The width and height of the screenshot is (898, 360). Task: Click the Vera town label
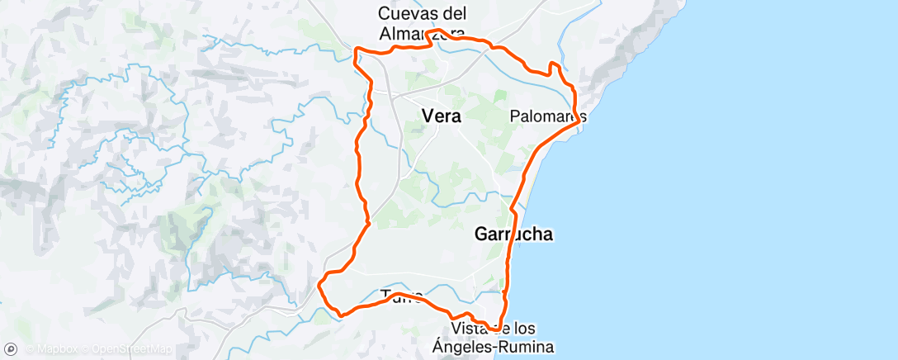click(x=441, y=116)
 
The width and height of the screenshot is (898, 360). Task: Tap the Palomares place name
click(x=549, y=116)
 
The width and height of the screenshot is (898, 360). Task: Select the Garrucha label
click(x=513, y=234)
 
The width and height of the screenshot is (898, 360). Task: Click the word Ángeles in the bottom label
click(x=468, y=347)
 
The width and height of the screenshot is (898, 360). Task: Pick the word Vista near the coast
click(x=470, y=329)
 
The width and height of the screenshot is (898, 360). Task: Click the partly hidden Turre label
click(x=401, y=295)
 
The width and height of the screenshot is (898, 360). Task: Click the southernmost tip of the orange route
click(x=493, y=330)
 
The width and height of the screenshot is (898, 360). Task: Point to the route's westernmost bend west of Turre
click(x=319, y=285)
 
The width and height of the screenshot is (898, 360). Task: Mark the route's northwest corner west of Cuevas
click(x=356, y=51)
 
